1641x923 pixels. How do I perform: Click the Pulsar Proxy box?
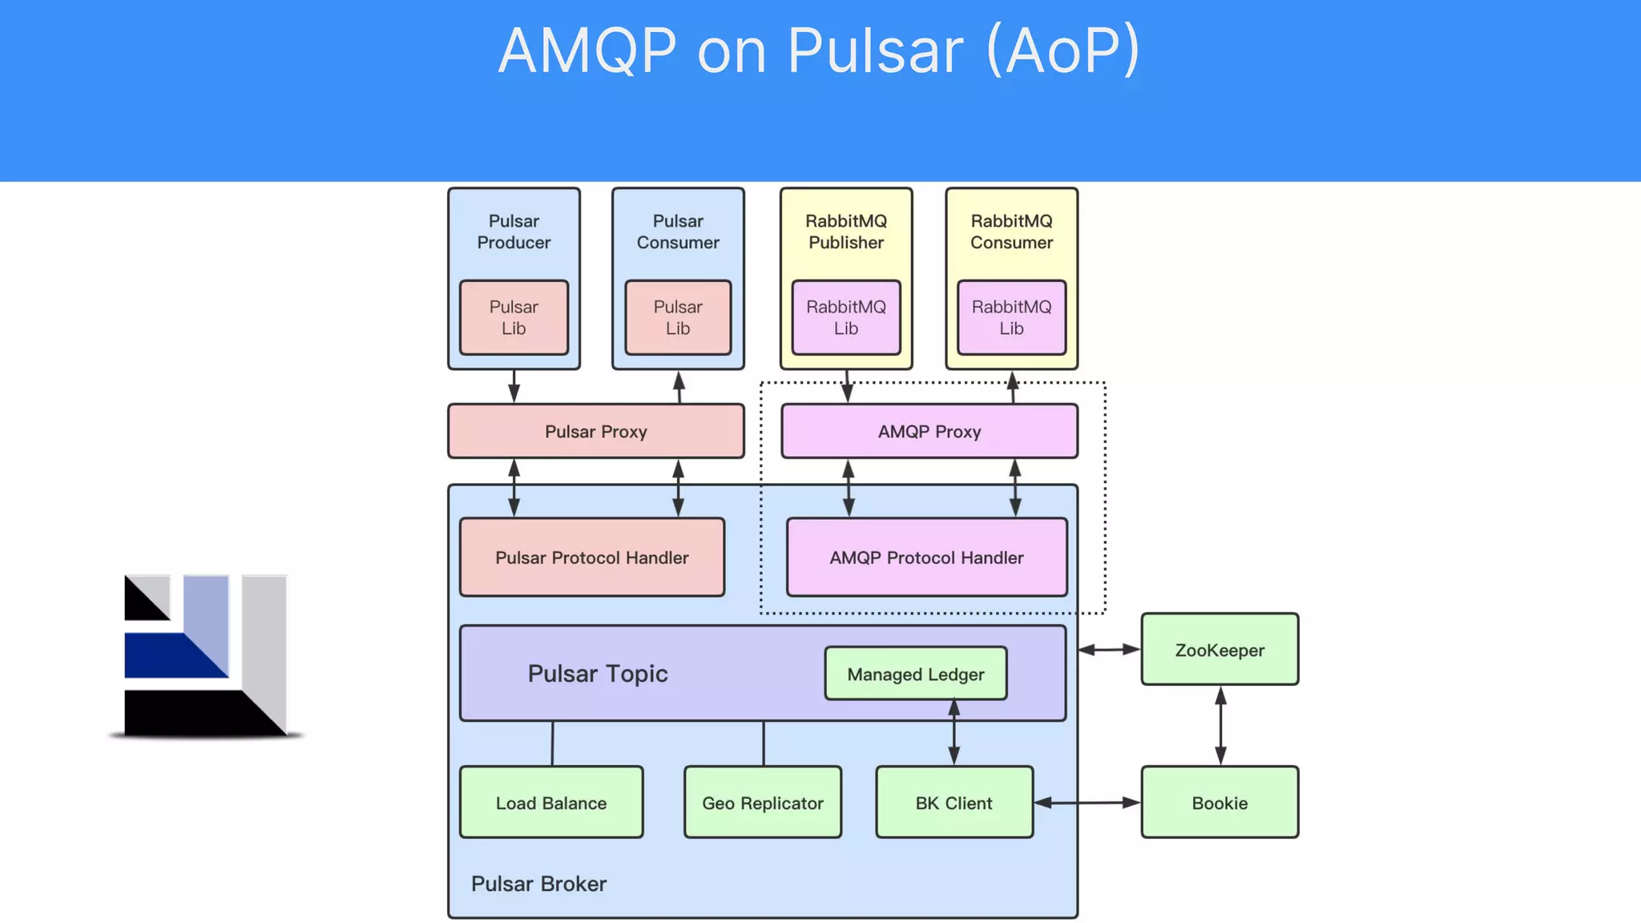tap(595, 431)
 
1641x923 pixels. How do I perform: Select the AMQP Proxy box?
tap(929, 431)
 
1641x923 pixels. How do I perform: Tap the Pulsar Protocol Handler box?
tap(591, 557)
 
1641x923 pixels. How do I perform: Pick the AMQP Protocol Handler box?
tap(926, 557)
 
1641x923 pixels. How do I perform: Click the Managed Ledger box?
tap(915, 674)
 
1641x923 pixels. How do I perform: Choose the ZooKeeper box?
tap(1219, 650)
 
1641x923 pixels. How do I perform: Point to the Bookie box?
tap(1219, 802)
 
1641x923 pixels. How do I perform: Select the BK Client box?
tap(954, 802)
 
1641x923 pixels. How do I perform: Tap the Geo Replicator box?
tap(762, 802)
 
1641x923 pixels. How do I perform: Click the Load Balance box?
tap(550, 802)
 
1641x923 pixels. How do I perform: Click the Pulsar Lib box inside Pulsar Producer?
tap(514, 317)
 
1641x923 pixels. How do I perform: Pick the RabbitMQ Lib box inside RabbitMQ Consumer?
tap(1011, 317)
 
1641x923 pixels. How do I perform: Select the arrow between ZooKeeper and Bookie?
tap(1220, 725)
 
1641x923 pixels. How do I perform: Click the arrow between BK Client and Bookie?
tap(1087, 802)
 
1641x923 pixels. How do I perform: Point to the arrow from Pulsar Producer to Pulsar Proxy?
tap(514, 386)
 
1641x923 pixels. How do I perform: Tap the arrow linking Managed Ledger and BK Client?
tap(954, 732)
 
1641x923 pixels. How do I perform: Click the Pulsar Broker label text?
tap(538, 883)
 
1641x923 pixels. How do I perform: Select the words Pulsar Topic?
tap(598, 673)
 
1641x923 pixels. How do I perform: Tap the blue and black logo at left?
tap(206, 655)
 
